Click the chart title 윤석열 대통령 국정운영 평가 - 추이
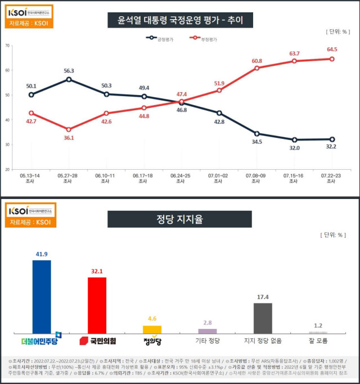click(x=180, y=21)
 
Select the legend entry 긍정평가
click(x=161, y=39)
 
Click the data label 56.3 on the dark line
click(x=69, y=71)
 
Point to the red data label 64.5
click(x=332, y=49)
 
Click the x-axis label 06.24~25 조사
click(x=181, y=178)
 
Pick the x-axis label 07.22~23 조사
click(x=331, y=178)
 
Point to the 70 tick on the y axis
click(x=7, y=46)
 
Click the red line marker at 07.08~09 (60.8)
click(x=256, y=68)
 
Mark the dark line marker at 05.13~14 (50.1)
click(x=31, y=95)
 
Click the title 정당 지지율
click(x=180, y=219)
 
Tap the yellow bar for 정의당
click(x=152, y=329)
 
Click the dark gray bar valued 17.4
click(x=263, y=318)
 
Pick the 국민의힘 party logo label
click(x=97, y=341)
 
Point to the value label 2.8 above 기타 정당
click(x=207, y=323)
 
